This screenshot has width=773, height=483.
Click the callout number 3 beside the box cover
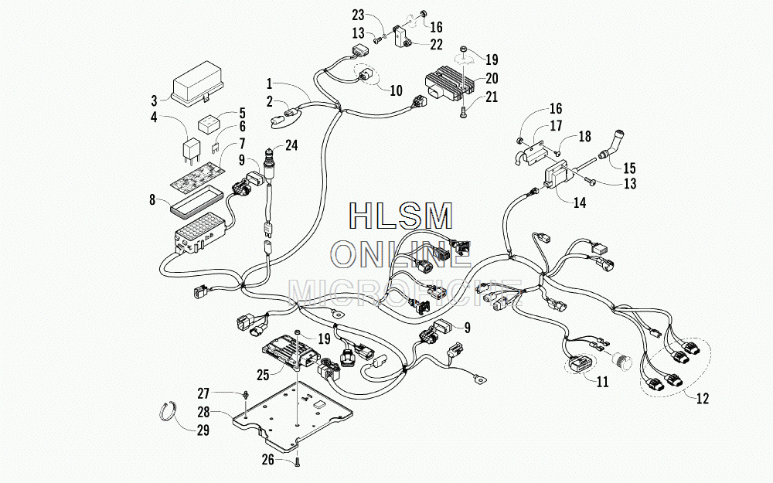point(155,100)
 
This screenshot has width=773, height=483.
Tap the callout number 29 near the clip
point(203,430)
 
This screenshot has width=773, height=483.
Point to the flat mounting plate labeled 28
point(293,415)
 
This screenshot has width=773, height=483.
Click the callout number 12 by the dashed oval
point(703,398)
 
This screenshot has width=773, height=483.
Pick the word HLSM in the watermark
point(400,216)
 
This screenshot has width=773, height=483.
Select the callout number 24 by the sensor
point(292,145)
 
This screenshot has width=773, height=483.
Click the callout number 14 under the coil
point(580,202)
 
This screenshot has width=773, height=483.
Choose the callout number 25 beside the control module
point(263,375)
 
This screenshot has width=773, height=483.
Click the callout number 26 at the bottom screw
point(267,460)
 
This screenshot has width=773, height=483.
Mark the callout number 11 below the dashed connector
point(602,382)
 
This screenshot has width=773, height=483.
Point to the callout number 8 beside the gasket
point(152,199)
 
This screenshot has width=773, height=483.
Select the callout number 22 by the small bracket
point(436,44)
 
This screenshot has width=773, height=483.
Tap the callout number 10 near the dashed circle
point(396,90)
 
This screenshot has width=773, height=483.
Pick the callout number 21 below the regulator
point(492,97)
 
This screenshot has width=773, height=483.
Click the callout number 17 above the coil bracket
point(556,126)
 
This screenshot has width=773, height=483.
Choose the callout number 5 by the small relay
point(242,114)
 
